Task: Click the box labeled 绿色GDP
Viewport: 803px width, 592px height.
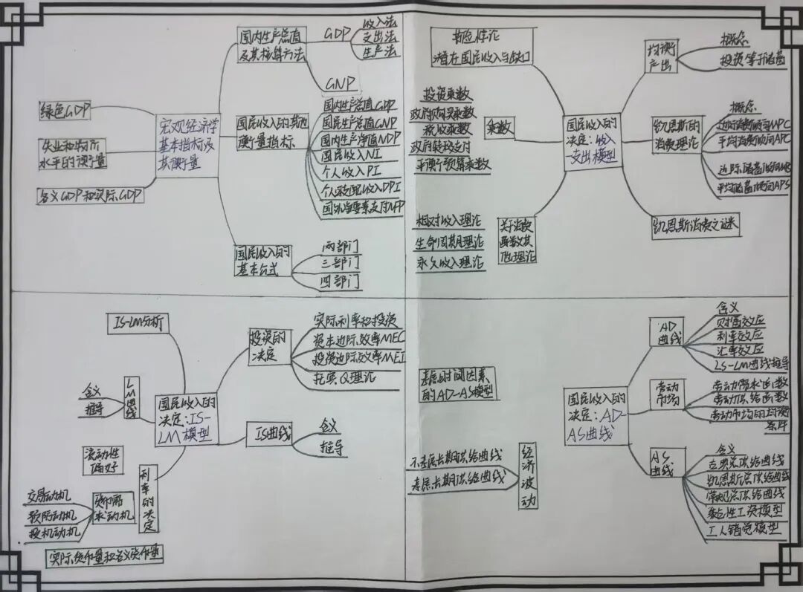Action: pos(65,111)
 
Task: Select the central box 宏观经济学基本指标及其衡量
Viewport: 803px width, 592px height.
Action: pos(187,146)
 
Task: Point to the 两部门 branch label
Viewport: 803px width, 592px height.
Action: pos(341,245)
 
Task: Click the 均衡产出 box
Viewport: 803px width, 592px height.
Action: pos(662,57)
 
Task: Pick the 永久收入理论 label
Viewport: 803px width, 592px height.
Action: pos(448,262)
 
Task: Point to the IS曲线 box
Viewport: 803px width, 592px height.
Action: pos(268,433)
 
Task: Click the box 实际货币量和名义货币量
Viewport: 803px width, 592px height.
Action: pos(103,556)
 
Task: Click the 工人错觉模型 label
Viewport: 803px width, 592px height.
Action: pos(745,528)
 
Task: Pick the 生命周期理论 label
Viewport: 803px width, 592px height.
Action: pos(448,242)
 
